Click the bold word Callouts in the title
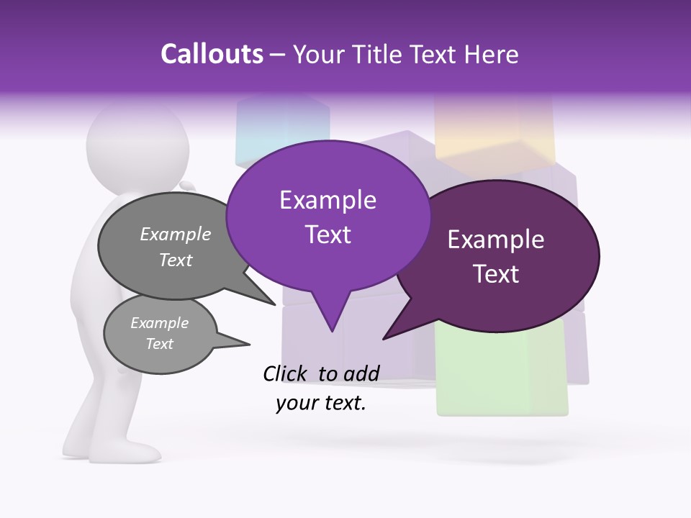(x=212, y=54)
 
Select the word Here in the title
(x=490, y=54)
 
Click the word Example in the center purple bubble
(x=328, y=200)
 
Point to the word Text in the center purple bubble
(x=328, y=235)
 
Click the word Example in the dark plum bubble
(x=496, y=240)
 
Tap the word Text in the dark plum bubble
(x=496, y=274)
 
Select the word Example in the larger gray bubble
(x=176, y=234)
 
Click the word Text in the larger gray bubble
(x=176, y=260)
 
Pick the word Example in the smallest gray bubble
(x=159, y=323)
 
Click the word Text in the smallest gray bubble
(x=159, y=344)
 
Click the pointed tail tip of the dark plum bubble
(x=384, y=338)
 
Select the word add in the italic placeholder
(x=361, y=373)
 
